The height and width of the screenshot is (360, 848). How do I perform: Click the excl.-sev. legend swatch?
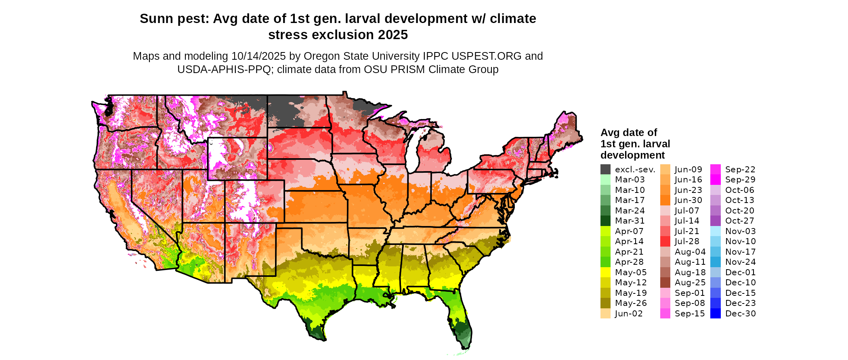(x=605, y=170)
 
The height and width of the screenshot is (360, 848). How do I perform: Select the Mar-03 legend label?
(x=630, y=180)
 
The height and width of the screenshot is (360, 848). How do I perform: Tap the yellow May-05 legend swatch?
(x=605, y=272)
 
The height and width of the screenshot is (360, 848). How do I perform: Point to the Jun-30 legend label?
(x=688, y=200)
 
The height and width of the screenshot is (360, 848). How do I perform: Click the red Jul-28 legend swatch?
(x=665, y=241)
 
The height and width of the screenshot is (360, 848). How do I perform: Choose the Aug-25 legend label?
(x=690, y=283)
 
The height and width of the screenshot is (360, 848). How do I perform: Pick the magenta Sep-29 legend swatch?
(x=715, y=180)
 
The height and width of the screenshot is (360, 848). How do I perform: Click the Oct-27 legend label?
(x=739, y=221)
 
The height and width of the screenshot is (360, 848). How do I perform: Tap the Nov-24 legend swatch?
(x=715, y=262)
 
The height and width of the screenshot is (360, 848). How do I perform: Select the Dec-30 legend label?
(x=740, y=314)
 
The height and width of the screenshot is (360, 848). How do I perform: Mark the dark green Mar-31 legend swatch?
(x=605, y=221)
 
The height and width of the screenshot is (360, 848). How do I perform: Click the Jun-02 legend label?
(x=629, y=314)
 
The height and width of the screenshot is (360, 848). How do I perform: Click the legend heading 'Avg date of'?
(x=628, y=133)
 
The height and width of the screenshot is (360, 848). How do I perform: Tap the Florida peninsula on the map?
(x=460, y=319)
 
